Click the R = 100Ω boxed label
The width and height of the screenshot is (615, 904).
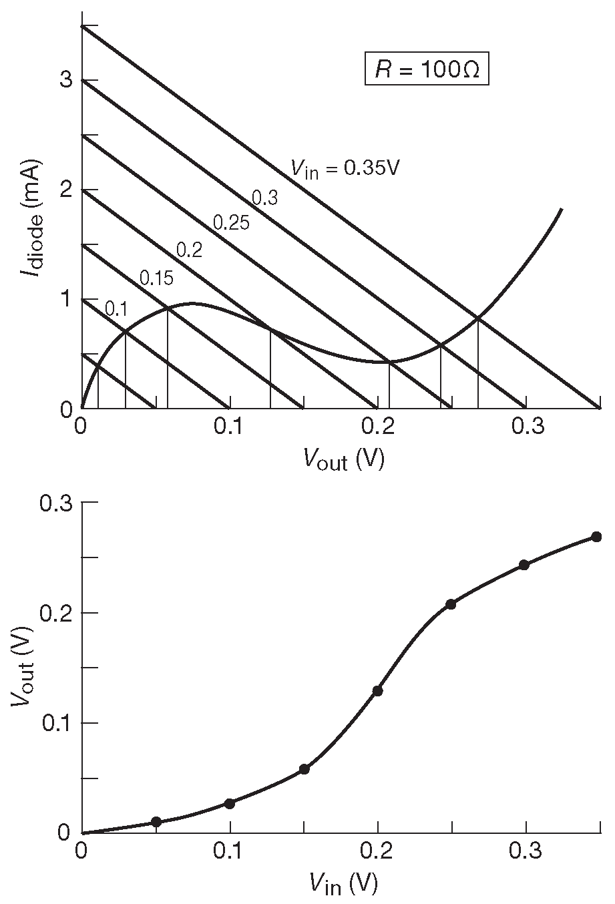(427, 70)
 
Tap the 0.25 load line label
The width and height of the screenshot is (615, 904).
(231, 222)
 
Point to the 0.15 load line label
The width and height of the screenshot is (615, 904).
(156, 277)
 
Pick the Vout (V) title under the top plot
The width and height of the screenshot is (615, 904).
(344, 459)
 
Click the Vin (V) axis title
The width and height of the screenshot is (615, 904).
(343, 884)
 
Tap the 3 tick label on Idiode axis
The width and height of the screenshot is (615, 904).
(65, 80)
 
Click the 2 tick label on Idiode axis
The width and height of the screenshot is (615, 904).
(65, 190)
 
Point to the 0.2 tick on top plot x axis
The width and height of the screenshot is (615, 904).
(377, 427)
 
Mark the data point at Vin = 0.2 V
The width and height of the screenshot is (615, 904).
(377, 690)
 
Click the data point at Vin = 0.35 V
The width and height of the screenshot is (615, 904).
(597, 537)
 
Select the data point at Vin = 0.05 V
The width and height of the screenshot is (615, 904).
(156, 821)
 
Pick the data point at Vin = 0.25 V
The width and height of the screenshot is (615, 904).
(451, 604)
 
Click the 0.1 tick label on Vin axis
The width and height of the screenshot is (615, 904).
(229, 853)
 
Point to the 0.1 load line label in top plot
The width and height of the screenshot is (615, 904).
(116, 308)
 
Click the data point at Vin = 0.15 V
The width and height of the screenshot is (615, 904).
(304, 769)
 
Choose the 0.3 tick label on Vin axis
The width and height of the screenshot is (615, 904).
(526, 853)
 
